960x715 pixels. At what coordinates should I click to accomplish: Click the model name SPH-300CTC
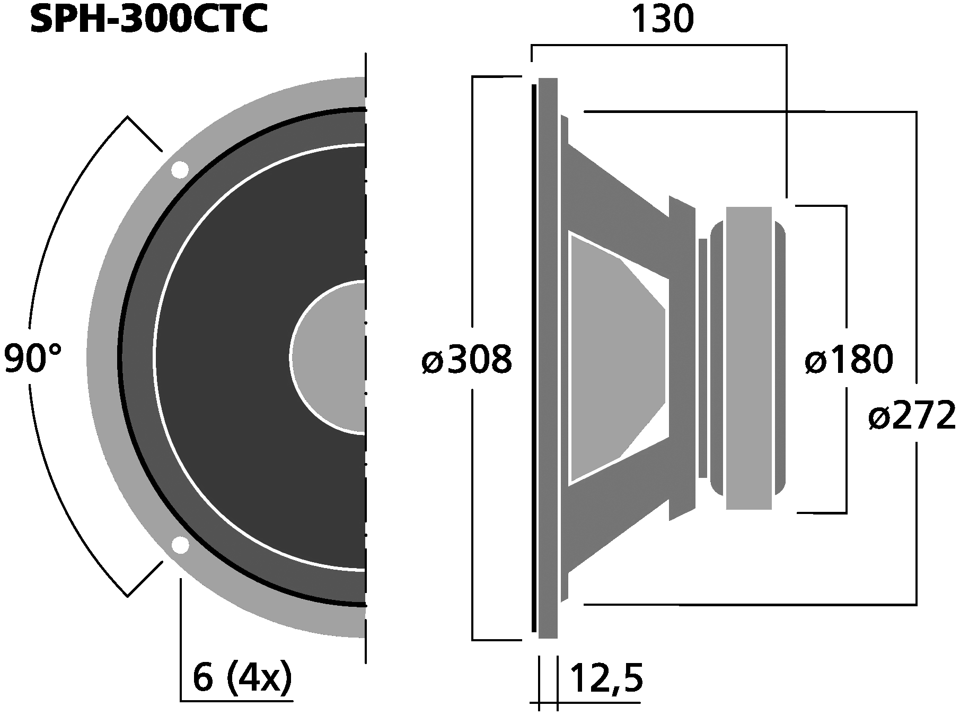pyautogui.click(x=148, y=20)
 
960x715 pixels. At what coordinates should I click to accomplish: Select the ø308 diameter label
pyautogui.click(x=467, y=360)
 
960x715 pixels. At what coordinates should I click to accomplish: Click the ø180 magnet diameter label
pyautogui.click(x=849, y=360)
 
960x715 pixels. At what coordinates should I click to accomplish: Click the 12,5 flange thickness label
pyautogui.click(x=606, y=679)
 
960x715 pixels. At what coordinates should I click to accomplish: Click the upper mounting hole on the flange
pyautogui.click(x=179, y=170)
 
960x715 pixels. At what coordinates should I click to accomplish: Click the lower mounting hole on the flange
pyautogui.click(x=180, y=545)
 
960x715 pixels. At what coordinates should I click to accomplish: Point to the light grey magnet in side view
pyautogui.click(x=748, y=358)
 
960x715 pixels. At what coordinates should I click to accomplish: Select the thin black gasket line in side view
pyautogui.click(x=534, y=358)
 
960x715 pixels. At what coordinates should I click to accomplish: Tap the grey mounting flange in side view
pyautogui.click(x=548, y=358)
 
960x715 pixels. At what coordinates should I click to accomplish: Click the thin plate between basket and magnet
pyautogui.click(x=703, y=358)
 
